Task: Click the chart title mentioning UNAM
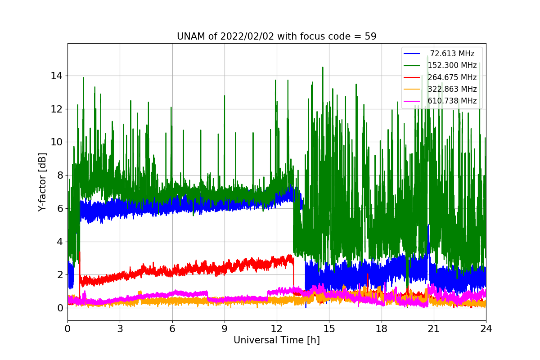(276, 36)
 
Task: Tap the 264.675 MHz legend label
(452, 77)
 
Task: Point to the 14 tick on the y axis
(56, 76)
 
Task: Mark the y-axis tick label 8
(60, 175)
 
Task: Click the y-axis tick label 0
(60, 308)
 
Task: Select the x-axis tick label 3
(120, 328)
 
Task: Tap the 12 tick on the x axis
(277, 328)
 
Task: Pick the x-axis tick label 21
(434, 328)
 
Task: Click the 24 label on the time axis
(486, 328)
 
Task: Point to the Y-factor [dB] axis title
(42, 182)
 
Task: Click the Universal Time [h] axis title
(277, 340)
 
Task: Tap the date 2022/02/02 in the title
(247, 36)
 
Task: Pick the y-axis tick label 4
(60, 242)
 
